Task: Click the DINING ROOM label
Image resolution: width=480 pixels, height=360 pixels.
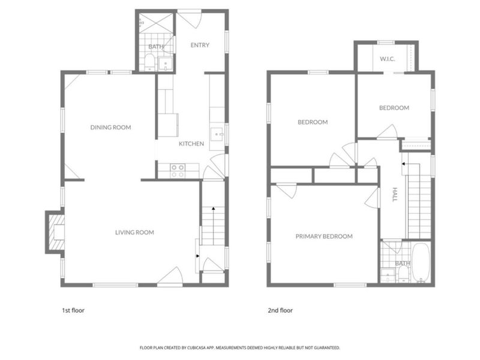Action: [x=110, y=127]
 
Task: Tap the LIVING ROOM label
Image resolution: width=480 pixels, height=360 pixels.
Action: [x=134, y=232]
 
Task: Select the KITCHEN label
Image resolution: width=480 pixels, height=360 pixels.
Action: [x=191, y=143]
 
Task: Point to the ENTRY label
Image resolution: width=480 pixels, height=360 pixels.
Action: [x=200, y=45]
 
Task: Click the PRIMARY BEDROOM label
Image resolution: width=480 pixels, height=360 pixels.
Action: [x=324, y=236]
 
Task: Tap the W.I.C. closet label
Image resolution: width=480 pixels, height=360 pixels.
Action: [x=387, y=59]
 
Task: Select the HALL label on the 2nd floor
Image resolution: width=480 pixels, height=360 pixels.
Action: [x=395, y=194]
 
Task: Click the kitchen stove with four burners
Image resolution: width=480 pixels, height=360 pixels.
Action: [x=178, y=171]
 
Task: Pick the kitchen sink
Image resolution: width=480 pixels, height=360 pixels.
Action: [x=217, y=134]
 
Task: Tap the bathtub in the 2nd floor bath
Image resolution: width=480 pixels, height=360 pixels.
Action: [x=421, y=262]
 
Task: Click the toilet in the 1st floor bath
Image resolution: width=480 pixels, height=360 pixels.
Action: [x=149, y=62]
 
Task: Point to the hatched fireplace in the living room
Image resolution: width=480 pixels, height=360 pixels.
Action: [x=55, y=232]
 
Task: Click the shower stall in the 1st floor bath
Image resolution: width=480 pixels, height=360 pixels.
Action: [x=156, y=23]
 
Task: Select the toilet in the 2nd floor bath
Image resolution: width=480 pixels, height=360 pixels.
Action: [x=404, y=274]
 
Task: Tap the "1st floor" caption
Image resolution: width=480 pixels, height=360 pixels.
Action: [x=73, y=310]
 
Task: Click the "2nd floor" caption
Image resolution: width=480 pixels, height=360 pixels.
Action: [x=280, y=310]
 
